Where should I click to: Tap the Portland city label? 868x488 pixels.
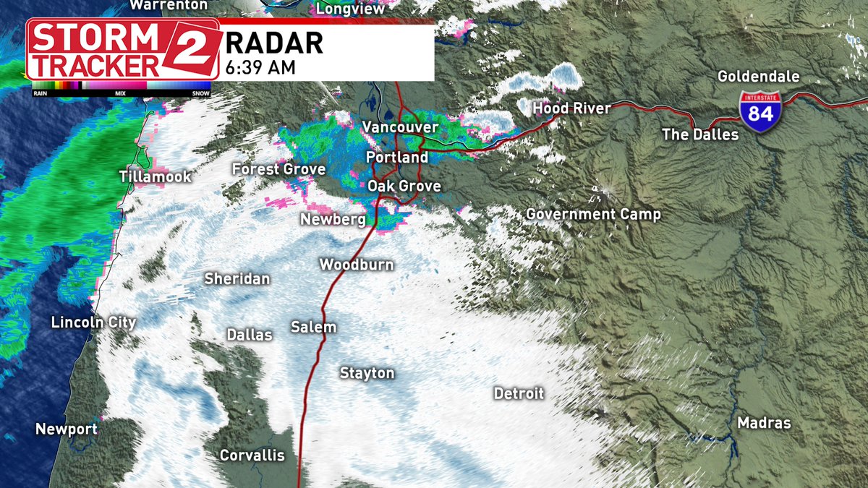tap(397, 158)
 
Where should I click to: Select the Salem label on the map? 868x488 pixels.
tap(313, 328)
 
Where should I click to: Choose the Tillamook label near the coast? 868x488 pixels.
tap(156, 176)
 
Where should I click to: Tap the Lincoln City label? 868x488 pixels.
tap(93, 322)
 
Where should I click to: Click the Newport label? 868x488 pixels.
tap(67, 429)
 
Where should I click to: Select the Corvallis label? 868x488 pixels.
tap(252, 455)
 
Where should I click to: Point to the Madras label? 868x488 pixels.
tap(764, 424)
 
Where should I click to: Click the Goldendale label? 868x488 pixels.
tap(758, 77)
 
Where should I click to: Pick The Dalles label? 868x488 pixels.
tap(700, 134)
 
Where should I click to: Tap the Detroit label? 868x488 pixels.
tap(519, 394)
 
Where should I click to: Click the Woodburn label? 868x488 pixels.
tap(357, 265)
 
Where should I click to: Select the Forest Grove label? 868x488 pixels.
tap(278, 169)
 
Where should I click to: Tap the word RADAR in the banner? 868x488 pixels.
tap(274, 43)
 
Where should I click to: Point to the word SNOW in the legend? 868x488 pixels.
tap(201, 93)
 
